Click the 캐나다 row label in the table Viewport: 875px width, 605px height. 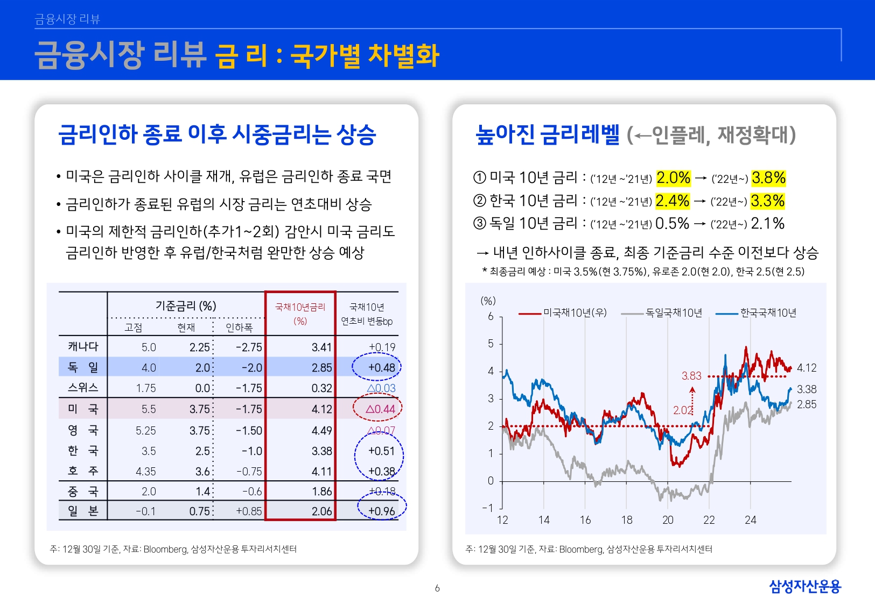coord(83,347)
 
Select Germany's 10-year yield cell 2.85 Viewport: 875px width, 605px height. coord(321,368)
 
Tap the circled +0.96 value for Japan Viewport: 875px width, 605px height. coord(382,511)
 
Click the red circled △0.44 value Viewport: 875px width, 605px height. coord(380,409)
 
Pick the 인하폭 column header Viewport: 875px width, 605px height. coord(239,328)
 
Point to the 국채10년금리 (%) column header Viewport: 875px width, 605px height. coord(300,314)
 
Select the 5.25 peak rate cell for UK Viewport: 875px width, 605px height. coord(145,431)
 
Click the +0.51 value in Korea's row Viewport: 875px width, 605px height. coord(381,451)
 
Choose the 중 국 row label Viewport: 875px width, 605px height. coord(83,492)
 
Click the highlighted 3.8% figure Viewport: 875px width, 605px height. coord(768,178)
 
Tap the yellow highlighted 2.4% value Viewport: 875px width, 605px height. coord(672,201)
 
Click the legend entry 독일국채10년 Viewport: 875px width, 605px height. coord(674,313)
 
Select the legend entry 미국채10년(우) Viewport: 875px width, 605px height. coord(575,313)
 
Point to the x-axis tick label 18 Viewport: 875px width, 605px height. coord(627,520)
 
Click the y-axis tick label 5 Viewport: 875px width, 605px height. coord(491,344)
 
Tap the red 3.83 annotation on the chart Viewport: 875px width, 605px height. coord(691,376)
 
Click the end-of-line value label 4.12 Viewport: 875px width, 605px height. coord(807,368)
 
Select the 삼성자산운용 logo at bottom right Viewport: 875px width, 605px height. coord(804,586)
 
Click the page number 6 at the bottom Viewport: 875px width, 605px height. coord(437,588)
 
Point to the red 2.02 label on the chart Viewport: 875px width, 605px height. coord(683,410)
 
